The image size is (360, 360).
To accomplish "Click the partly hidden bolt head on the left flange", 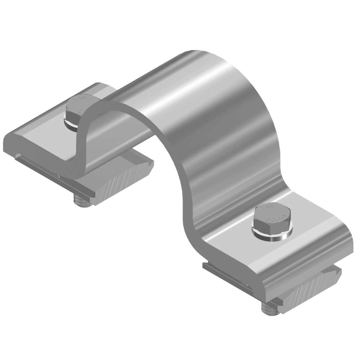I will pyautogui.click(x=76, y=108).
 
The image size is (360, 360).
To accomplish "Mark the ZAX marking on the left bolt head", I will pyautogui.click(x=77, y=101).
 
